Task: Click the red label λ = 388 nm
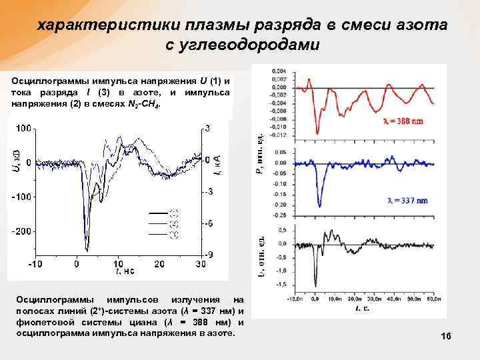(x=401, y=123)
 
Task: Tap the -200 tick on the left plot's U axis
(x=22, y=231)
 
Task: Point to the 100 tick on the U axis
(x=25, y=127)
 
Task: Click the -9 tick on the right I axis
(x=209, y=255)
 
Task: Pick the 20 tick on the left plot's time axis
(x=159, y=265)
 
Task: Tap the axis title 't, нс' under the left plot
(x=125, y=271)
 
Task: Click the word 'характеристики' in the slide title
(x=96, y=25)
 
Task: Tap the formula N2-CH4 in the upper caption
(x=143, y=106)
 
